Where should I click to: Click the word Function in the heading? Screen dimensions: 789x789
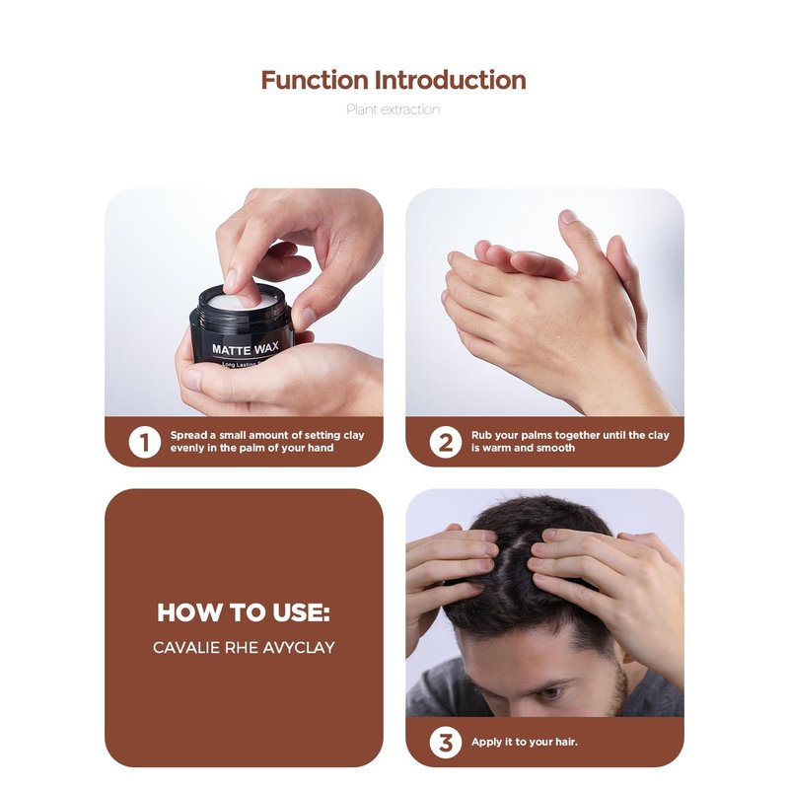click(315, 81)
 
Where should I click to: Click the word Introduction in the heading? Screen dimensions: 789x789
click(451, 81)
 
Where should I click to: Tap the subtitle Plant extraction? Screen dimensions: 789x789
click(393, 109)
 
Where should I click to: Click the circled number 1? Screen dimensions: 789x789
click(144, 442)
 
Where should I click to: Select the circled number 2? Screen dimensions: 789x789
click(446, 442)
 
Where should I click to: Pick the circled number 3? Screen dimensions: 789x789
click(446, 743)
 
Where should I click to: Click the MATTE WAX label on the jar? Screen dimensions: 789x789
click(245, 348)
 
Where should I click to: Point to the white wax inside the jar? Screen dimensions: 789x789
click(242, 302)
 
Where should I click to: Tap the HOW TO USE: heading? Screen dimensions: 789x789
click(244, 612)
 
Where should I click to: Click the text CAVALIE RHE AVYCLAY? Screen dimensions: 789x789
click(244, 647)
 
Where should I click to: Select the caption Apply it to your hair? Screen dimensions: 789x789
click(525, 742)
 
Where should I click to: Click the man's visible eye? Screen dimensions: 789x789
click(550, 693)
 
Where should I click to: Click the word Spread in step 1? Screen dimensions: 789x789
click(188, 435)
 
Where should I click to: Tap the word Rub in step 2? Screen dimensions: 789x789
click(481, 435)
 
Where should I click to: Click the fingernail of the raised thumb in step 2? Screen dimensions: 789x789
click(569, 216)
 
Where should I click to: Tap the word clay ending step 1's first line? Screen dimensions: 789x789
click(354, 435)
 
